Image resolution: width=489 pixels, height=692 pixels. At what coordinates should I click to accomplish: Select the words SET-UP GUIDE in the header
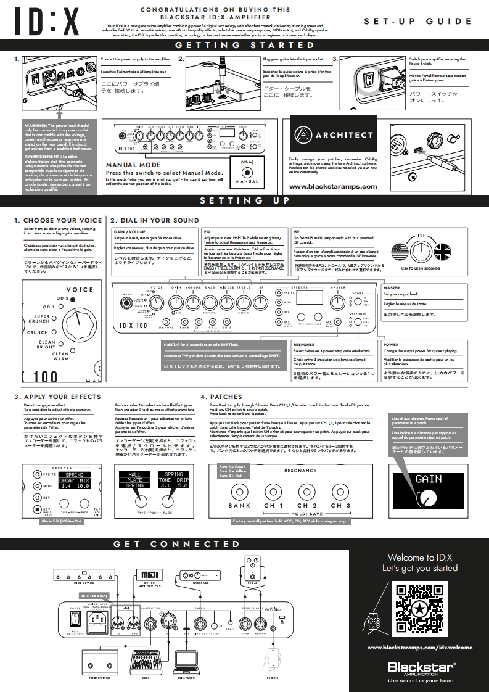coord(417,21)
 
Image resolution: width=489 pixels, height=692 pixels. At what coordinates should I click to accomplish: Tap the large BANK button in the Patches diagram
coord(239,491)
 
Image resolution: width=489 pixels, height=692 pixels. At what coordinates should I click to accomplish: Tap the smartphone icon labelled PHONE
coord(273,660)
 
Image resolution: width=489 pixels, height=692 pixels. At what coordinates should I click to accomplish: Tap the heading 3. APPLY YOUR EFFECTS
coord(57,397)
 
